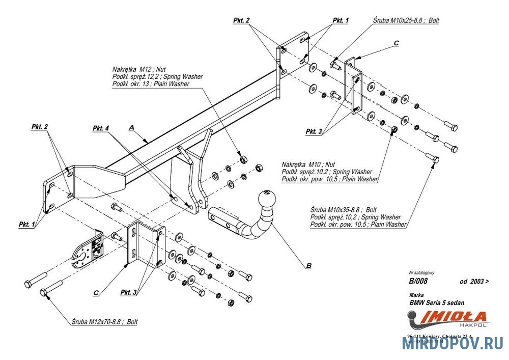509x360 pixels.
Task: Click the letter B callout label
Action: (308, 265)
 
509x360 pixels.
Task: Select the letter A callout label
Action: (132, 129)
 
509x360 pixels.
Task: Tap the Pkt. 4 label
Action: (101, 128)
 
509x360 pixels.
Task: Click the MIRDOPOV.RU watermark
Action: (453, 344)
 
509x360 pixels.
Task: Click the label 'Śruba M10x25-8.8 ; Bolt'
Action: (406, 21)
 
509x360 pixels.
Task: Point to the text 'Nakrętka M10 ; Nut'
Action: (308, 164)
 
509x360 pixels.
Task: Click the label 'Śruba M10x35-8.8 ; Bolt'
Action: (343, 210)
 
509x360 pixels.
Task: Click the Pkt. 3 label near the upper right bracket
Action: (314, 131)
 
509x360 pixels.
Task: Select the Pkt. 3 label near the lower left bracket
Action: (129, 292)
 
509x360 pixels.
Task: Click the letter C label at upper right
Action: (396, 44)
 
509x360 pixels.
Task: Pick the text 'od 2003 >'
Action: (474, 281)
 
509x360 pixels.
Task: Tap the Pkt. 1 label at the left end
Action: (27, 224)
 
